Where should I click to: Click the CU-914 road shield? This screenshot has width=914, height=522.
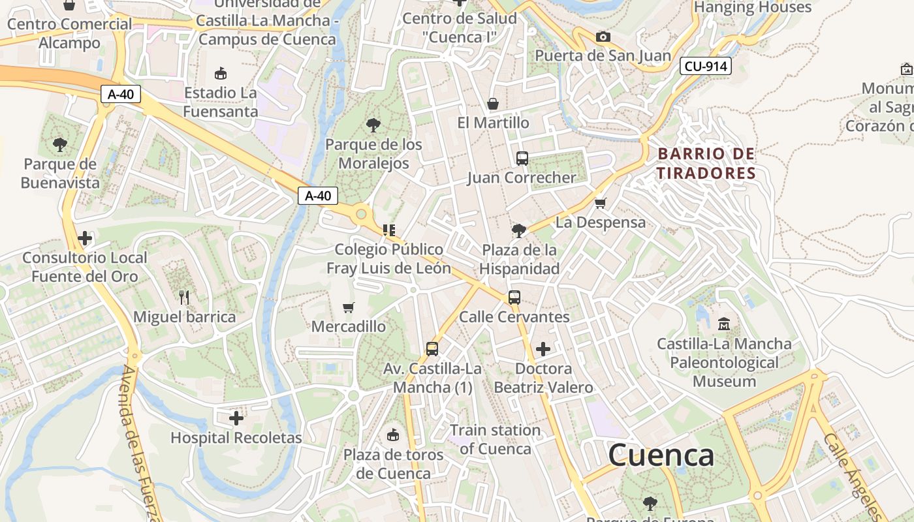705,66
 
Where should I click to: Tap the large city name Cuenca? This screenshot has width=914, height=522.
661,455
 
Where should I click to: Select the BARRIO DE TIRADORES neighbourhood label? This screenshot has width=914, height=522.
706,164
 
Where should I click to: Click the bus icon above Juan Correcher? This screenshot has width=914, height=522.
522,158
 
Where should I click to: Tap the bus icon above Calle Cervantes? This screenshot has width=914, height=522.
514,298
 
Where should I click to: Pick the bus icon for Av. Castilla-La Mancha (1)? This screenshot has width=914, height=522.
432,349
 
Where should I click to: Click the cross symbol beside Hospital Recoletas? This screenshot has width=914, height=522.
236,418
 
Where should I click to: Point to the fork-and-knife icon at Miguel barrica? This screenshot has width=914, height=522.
184,298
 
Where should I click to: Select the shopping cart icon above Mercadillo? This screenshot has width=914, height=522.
349,307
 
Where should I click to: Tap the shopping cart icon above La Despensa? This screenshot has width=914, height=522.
601,203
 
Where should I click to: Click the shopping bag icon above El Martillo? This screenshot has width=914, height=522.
493,104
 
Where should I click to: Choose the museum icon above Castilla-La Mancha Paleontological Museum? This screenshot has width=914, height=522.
723,324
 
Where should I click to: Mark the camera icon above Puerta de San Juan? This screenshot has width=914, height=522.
603,37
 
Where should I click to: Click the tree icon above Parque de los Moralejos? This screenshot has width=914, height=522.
373,125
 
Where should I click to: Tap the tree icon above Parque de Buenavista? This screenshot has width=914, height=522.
59,144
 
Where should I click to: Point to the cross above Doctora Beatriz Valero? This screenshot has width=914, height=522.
543,349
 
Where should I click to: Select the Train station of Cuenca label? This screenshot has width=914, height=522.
496,439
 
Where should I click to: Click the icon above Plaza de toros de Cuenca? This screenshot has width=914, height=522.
393,435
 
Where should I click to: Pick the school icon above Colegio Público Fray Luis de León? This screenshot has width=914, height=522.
389,230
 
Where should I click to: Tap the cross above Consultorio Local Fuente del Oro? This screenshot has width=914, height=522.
85,238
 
